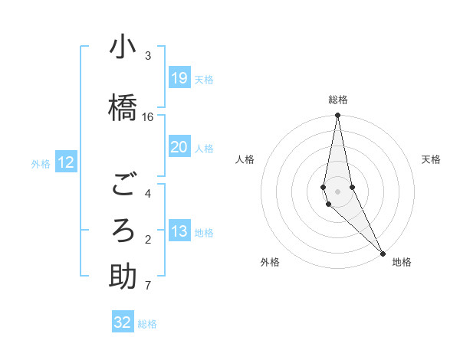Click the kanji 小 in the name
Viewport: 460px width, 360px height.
123,47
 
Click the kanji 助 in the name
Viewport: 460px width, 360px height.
123,277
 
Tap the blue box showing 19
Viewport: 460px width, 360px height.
179,78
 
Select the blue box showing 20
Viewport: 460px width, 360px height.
179,147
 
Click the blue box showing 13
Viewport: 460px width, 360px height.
179,231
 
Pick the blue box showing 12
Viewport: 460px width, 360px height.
66,162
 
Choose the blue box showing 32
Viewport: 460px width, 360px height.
123,322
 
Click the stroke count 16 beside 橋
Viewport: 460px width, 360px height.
148,116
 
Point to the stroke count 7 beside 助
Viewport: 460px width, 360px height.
148,286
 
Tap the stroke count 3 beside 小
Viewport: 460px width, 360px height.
148,55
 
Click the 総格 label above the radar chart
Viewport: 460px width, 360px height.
338,100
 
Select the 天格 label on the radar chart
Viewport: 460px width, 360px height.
431,159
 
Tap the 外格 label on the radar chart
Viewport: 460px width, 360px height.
270,262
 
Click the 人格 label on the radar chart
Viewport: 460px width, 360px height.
245,159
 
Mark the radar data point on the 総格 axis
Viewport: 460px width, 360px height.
338,116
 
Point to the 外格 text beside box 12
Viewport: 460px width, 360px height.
41,163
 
